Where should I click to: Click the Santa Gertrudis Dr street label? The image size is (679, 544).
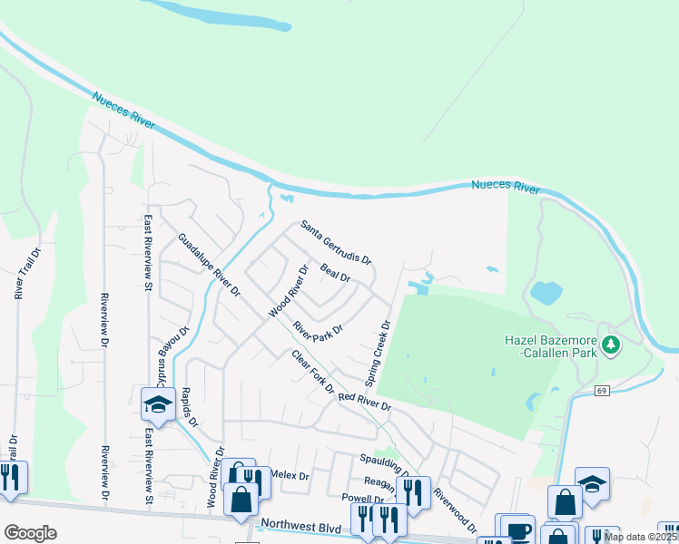(x=336, y=242)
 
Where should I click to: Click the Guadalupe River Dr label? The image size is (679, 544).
(x=209, y=266)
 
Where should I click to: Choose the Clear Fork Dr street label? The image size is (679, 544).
(x=313, y=372)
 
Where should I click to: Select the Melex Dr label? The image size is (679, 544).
(x=290, y=475)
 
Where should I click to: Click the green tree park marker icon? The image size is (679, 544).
(x=611, y=345)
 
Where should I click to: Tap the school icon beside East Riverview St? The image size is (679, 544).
(x=158, y=404)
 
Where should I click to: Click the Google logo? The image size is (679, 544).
(x=30, y=533)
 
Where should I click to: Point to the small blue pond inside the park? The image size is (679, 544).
(x=546, y=292)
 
